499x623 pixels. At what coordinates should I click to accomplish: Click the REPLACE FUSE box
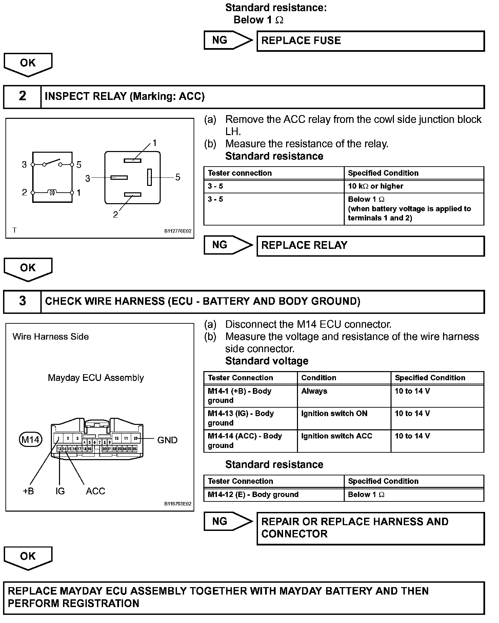pos(370,41)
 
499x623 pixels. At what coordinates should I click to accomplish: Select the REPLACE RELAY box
pos(370,246)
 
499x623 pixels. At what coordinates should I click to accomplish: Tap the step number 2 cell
pos(22,97)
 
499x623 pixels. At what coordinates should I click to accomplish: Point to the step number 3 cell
pos(22,301)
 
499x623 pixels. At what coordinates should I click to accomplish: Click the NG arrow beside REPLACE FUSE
pos(227,40)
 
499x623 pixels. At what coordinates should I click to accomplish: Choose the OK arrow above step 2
pos(28,64)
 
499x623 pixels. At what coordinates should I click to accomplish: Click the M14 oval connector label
pos(31,440)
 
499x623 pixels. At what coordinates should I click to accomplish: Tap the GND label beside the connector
pos(167,440)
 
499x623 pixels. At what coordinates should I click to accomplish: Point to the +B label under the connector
pos(28,491)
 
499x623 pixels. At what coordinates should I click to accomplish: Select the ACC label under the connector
pos(95,491)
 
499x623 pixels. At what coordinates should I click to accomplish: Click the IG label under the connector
pos(60,491)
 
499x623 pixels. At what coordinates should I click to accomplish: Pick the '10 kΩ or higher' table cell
pos(414,186)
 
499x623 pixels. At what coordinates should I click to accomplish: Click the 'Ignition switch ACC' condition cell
pos(344,441)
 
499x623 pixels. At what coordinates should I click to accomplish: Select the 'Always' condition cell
pos(344,395)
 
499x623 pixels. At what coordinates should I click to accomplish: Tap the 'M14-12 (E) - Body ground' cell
pos(274,495)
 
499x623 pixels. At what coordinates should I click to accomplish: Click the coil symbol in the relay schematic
pos(52,192)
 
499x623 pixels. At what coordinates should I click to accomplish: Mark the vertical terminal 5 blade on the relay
pos(149,177)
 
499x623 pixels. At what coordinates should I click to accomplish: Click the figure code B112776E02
pos(178,231)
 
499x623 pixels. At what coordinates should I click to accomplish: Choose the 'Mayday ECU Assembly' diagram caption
pos(96,378)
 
